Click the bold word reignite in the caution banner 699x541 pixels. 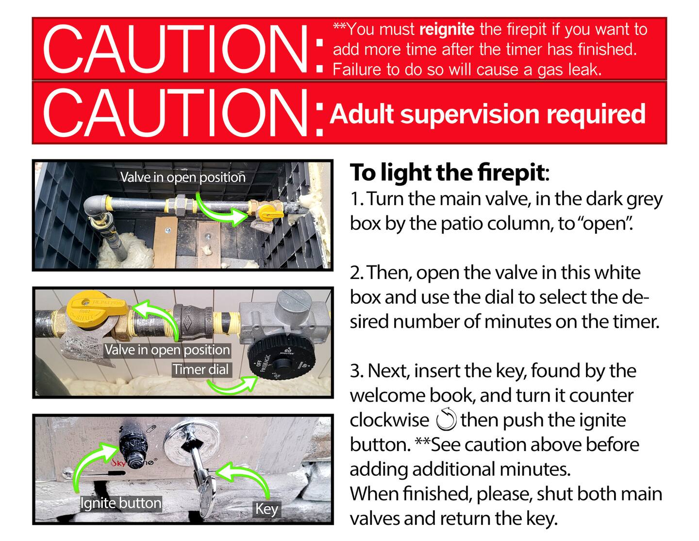tap(447, 30)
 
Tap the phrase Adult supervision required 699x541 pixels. tap(488, 114)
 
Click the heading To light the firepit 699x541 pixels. tap(449, 173)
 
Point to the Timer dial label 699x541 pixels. tap(201, 369)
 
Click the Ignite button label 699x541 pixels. tap(121, 503)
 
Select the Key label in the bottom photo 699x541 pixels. tap(266, 509)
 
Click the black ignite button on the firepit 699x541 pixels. tap(133, 448)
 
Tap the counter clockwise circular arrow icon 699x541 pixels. tap(446, 419)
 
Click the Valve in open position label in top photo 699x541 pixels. tap(183, 177)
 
